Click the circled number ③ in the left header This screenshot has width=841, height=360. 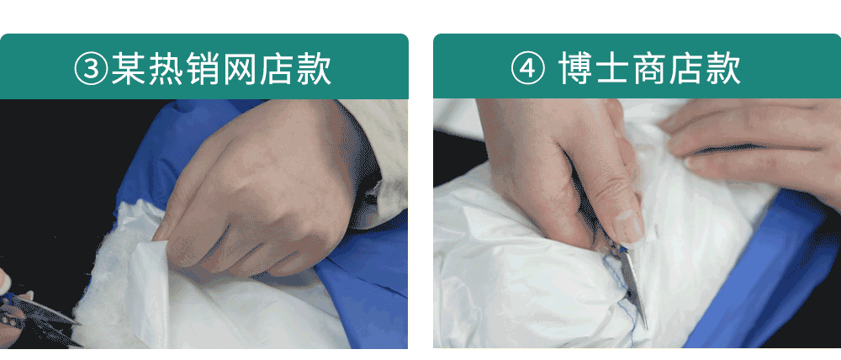coord(91,69)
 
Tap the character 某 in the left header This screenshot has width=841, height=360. coord(128,69)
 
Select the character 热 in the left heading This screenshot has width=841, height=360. coord(166,69)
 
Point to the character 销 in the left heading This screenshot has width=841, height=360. coord(203,69)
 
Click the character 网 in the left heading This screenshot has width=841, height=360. coord(240,69)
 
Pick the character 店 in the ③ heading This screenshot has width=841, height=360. coord(278,69)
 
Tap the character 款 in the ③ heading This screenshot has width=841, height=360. coord(315,69)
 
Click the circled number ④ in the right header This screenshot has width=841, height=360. coord(528,69)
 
